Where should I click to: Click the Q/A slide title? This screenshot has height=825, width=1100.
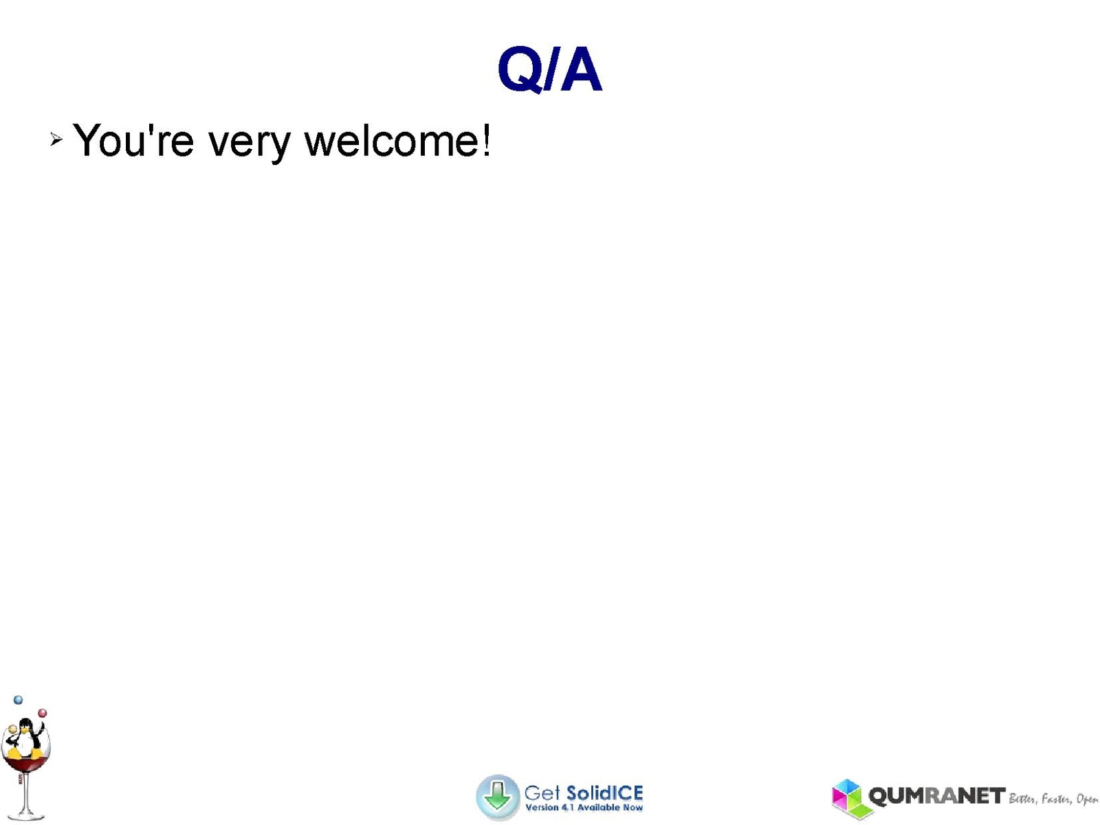[x=549, y=69]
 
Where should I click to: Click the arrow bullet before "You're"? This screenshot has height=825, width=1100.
[x=56, y=139]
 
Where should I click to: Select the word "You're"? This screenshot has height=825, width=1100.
[x=133, y=141]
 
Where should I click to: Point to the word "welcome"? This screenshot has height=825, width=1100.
[x=391, y=141]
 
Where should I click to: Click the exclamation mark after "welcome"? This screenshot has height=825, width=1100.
[x=485, y=140]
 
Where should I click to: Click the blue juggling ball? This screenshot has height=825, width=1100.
[x=18, y=700]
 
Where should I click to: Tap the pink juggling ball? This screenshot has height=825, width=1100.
[x=43, y=713]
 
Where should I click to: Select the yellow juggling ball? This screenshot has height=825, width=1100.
[x=12, y=729]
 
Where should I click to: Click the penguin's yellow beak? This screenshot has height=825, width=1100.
[x=23, y=730]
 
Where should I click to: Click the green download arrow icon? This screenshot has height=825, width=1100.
[x=498, y=796]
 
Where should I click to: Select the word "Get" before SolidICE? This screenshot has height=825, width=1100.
[x=542, y=793]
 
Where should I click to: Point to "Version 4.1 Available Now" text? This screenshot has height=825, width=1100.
[x=584, y=807]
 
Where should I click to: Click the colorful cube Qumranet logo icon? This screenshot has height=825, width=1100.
[x=848, y=798]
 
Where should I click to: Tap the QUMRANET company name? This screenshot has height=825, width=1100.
[x=936, y=796]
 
